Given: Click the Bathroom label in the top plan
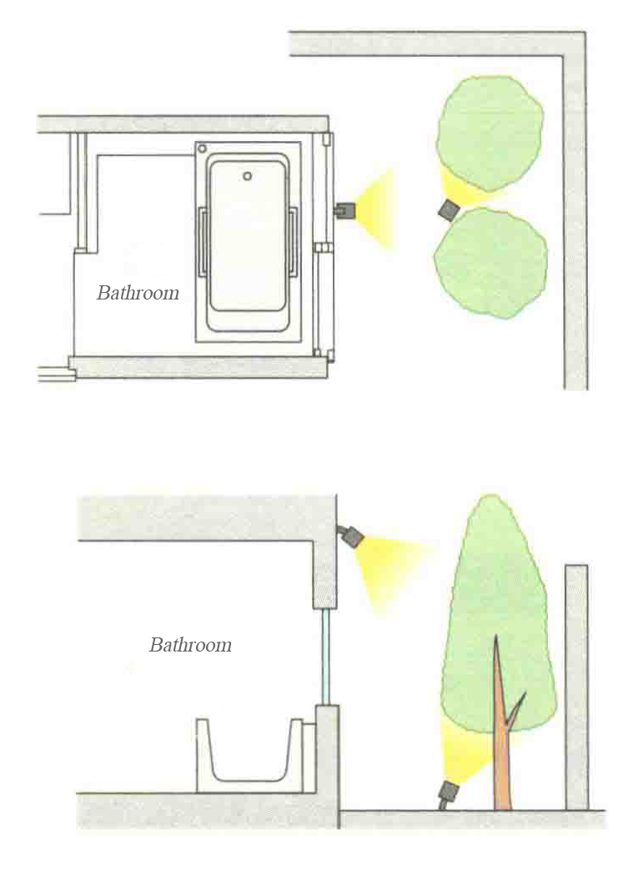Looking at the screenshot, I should (138, 293).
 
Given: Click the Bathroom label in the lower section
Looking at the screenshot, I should (190, 645).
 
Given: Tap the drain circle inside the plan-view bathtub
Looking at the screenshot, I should (248, 176).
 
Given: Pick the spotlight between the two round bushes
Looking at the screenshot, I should (450, 209).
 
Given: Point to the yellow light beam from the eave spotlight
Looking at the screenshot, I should (392, 563).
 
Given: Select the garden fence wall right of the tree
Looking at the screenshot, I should (575, 684).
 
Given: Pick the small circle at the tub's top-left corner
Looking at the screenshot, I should (202, 149).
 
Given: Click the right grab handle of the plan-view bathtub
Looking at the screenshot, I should (294, 242).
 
